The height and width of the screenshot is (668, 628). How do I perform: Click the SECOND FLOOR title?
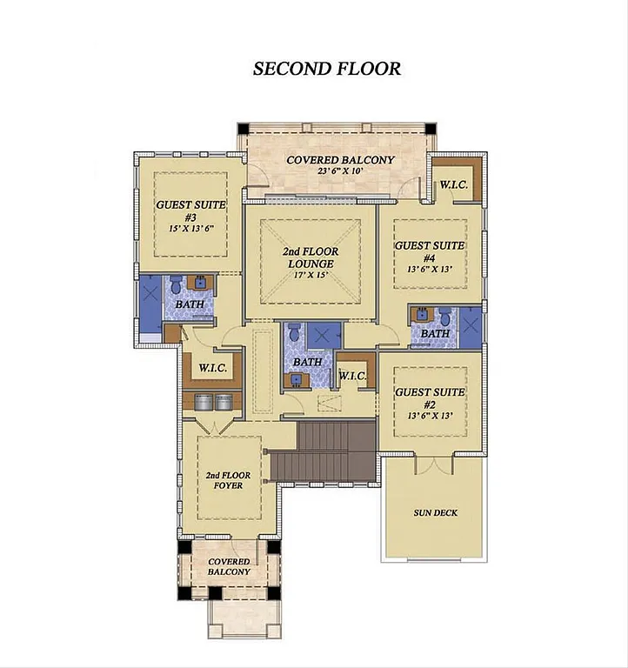327,69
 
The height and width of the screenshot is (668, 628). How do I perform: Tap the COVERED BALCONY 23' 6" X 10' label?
340,165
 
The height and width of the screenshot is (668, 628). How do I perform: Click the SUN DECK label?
435,513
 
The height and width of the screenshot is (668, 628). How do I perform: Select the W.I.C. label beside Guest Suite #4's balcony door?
453,184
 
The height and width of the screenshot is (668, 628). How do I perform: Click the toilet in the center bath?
294,332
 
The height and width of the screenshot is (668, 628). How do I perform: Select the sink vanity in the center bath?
297,378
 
